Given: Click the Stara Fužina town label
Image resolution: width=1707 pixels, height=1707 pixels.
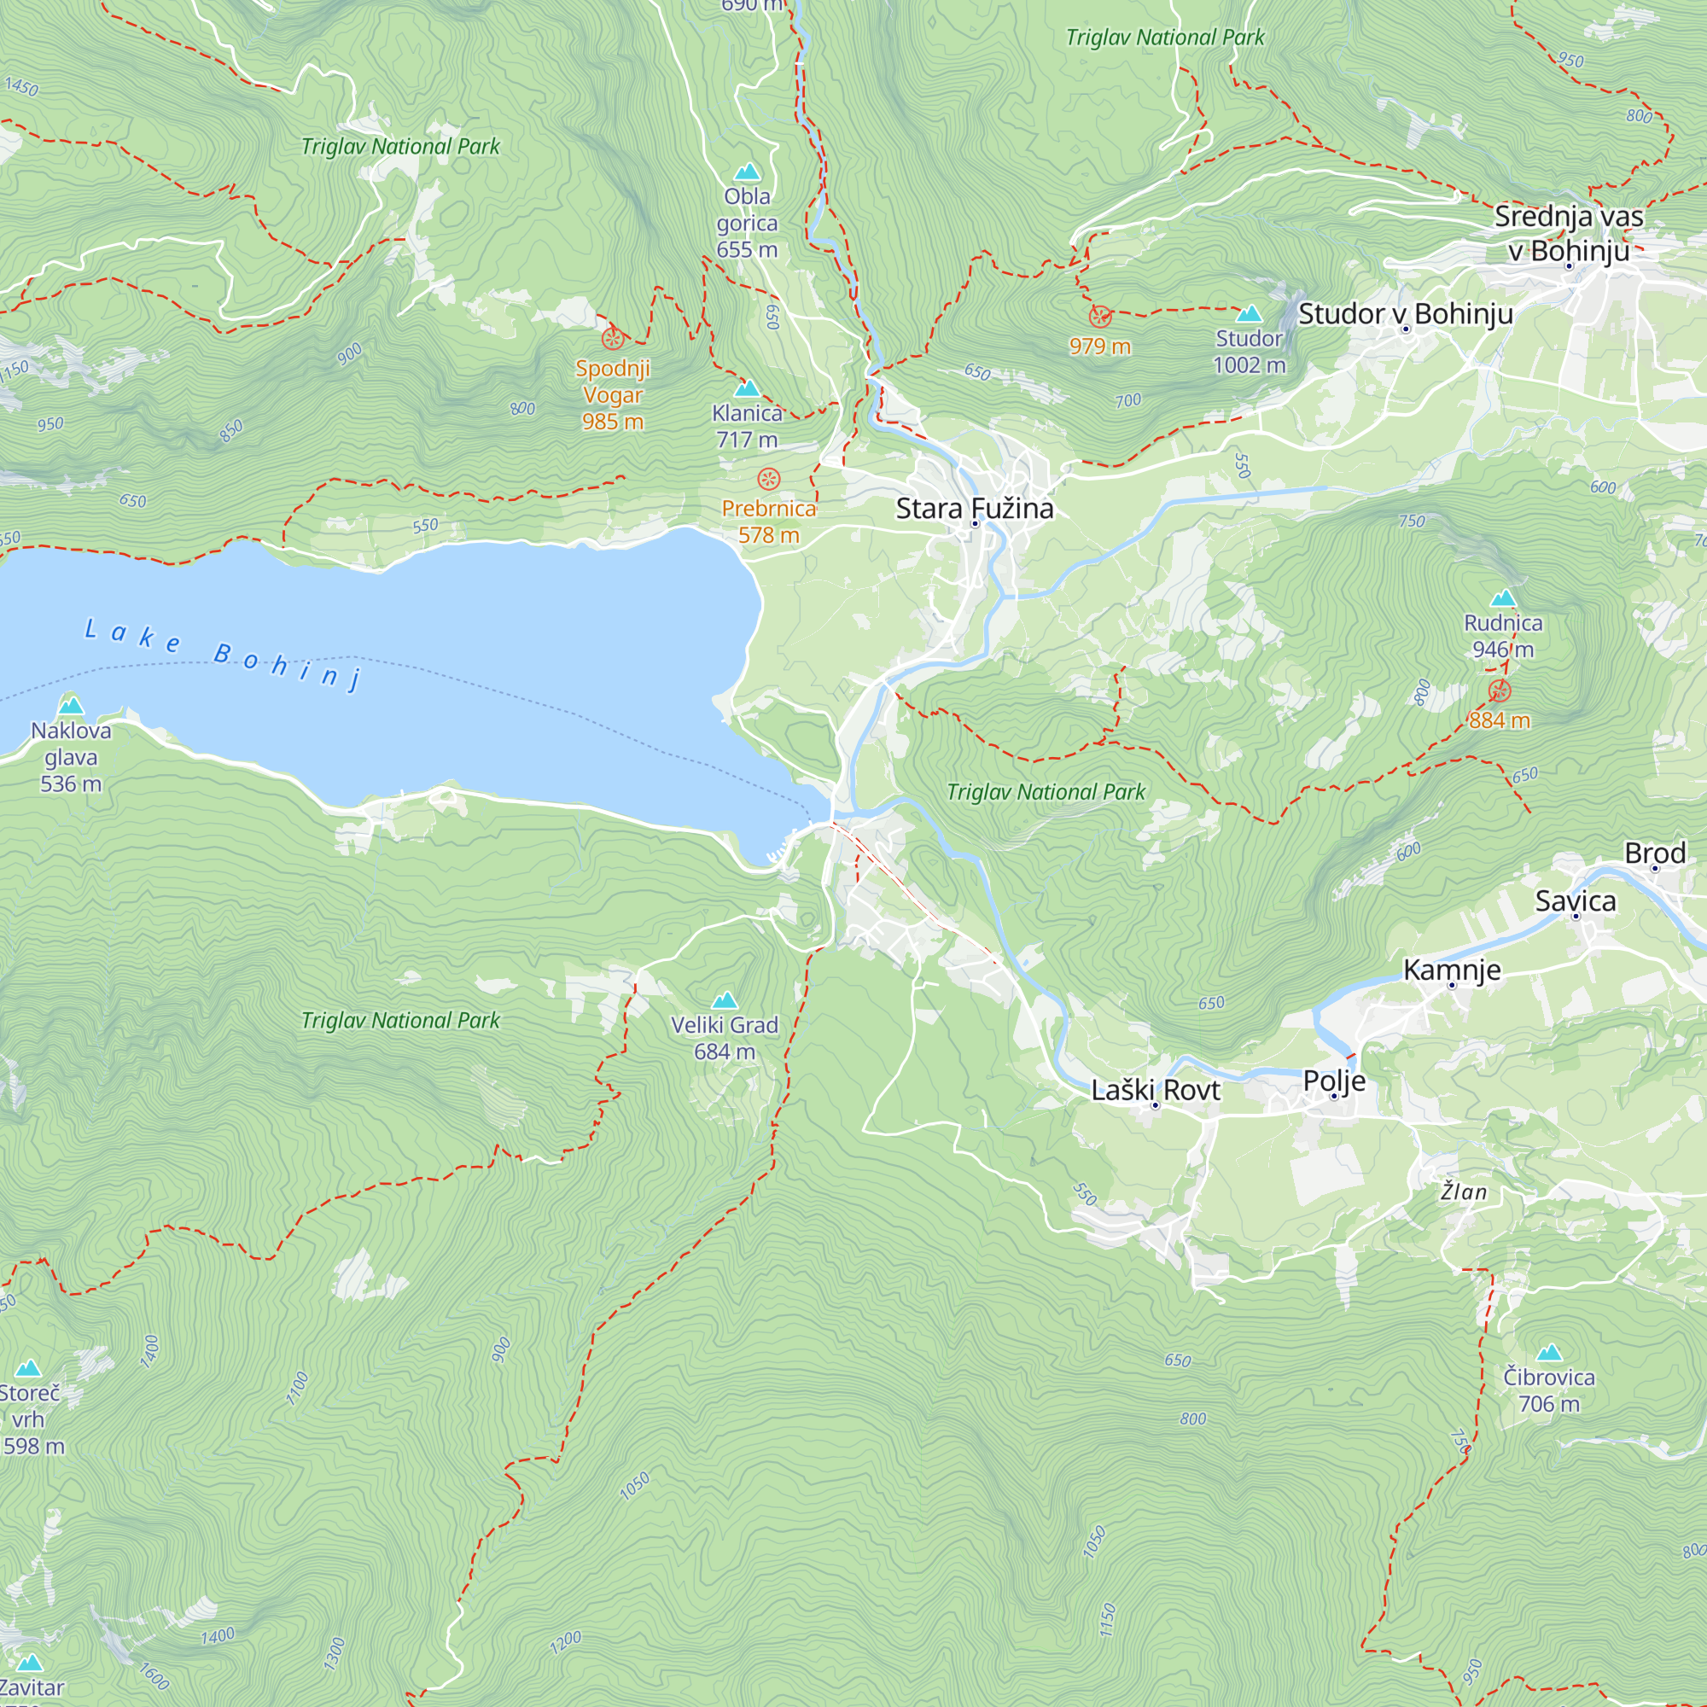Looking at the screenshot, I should point(975,509).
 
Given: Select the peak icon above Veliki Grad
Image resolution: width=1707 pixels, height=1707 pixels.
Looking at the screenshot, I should point(725,1000).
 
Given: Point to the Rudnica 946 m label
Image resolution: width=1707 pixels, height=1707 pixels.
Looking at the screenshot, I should point(1503,636).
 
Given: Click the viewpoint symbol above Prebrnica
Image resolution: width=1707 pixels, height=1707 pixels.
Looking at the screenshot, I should point(769,480).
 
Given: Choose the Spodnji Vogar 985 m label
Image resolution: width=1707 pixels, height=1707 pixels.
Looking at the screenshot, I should point(612,395).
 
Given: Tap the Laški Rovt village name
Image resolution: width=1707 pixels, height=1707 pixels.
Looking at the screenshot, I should point(1155,1090).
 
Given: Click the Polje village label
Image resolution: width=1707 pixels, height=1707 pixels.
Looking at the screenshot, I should point(1334,1081).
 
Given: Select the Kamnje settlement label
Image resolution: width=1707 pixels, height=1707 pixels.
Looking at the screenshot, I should point(1452,970).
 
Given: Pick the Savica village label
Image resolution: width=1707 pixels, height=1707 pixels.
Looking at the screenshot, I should point(1576,901).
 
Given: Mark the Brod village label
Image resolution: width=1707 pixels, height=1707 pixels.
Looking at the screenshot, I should point(1655,853).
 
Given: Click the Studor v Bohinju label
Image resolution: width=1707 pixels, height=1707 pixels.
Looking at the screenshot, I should point(1405,313).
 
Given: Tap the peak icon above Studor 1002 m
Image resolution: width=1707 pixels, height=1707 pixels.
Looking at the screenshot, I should point(1249,313).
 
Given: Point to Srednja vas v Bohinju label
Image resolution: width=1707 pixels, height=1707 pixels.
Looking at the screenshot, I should point(1568,233).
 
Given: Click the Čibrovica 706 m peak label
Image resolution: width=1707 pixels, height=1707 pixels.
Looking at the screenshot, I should point(1549,1389).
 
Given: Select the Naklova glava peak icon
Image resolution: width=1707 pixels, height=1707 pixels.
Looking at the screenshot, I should point(71,705).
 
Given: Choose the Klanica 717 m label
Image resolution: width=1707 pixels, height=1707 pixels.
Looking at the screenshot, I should point(747,426).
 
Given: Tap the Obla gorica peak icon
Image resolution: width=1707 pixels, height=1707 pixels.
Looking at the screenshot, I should point(748,172).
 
